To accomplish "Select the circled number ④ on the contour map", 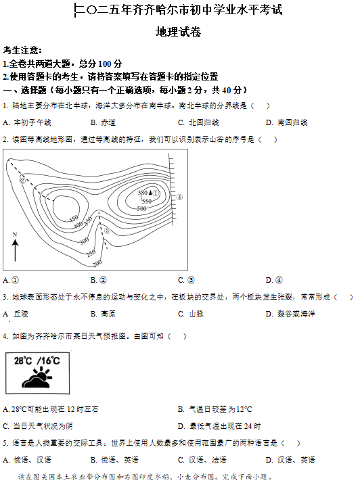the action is click(179, 197).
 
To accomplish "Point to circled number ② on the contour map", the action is click(22, 180).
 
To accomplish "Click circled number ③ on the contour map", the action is click(106, 232).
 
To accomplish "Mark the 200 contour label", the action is click(96, 262).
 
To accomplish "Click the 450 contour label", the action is click(74, 218).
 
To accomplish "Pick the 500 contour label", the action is click(141, 208).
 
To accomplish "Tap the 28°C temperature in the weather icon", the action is click(24, 361).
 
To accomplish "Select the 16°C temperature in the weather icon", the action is click(49, 361).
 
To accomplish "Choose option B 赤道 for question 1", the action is click(103, 122).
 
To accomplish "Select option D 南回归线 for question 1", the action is click(287, 122).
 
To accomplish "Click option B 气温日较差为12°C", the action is click(215, 409).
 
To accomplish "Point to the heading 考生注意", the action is click(22, 50).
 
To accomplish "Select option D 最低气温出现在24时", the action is click(219, 426).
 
